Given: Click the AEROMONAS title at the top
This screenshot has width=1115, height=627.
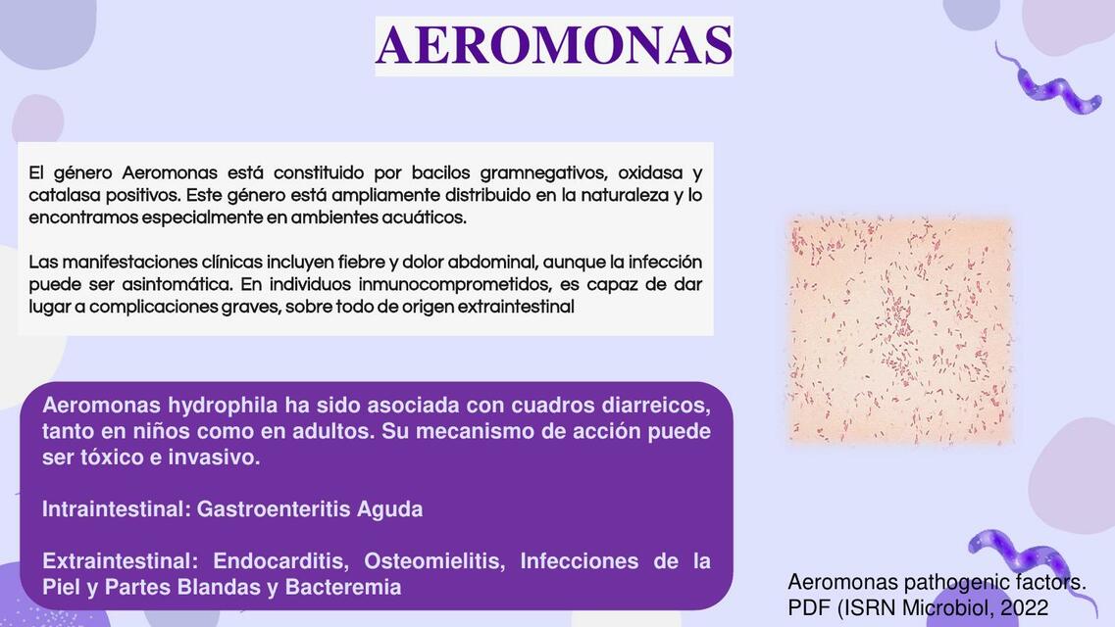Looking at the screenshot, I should (x=554, y=45).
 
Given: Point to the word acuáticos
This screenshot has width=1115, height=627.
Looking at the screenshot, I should (x=425, y=217).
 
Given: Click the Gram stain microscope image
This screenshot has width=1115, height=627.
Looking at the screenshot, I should (x=899, y=330).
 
